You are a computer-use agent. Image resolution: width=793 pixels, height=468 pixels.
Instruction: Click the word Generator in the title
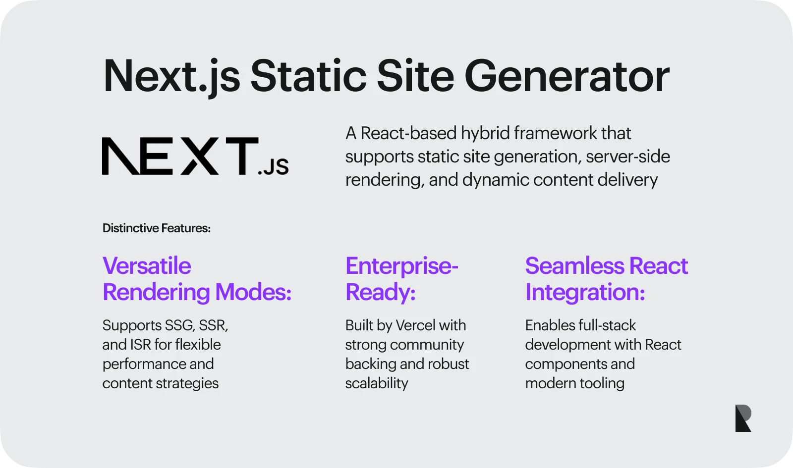click(x=567, y=76)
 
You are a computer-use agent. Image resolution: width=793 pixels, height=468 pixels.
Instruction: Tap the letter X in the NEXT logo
click(x=200, y=156)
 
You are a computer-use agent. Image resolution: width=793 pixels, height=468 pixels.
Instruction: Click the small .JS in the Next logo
click(x=273, y=167)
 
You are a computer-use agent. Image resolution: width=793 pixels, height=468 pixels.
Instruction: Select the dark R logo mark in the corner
click(x=743, y=418)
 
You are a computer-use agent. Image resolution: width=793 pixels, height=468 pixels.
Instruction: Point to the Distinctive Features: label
click(x=157, y=228)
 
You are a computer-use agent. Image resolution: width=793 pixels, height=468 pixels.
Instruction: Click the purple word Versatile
click(x=147, y=265)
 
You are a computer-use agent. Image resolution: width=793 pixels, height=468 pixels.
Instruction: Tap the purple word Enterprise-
click(x=402, y=266)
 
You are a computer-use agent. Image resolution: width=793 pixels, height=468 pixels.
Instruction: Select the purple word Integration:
click(x=585, y=293)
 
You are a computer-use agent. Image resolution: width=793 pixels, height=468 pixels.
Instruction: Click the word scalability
click(x=377, y=383)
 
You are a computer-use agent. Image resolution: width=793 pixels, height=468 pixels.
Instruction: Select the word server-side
click(x=628, y=156)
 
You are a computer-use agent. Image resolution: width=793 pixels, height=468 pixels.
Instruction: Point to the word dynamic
click(x=496, y=180)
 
